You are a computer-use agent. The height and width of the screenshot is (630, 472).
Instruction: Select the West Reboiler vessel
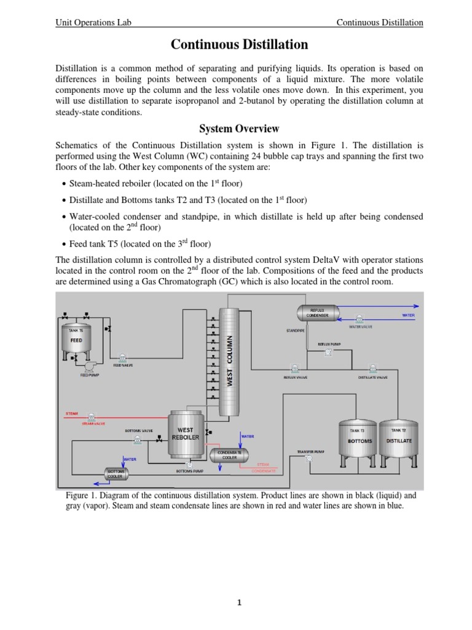(186, 434)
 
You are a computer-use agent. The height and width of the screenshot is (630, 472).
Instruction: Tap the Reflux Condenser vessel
(319, 313)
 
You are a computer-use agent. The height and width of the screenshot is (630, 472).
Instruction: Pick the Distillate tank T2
(399, 441)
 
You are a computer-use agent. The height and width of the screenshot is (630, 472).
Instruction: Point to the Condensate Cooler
(229, 455)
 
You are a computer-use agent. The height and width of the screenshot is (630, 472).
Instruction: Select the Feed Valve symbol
(123, 357)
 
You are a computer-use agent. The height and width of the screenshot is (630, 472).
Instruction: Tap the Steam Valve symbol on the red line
(92, 417)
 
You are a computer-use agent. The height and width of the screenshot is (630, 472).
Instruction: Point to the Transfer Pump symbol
(309, 458)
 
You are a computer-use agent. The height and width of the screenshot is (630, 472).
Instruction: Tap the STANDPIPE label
(296, 330)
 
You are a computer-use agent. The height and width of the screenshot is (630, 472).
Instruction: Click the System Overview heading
(239, 129)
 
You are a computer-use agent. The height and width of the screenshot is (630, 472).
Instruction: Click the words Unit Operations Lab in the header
(93, 23)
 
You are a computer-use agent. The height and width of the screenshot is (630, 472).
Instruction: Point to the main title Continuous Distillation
(239, 45)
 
